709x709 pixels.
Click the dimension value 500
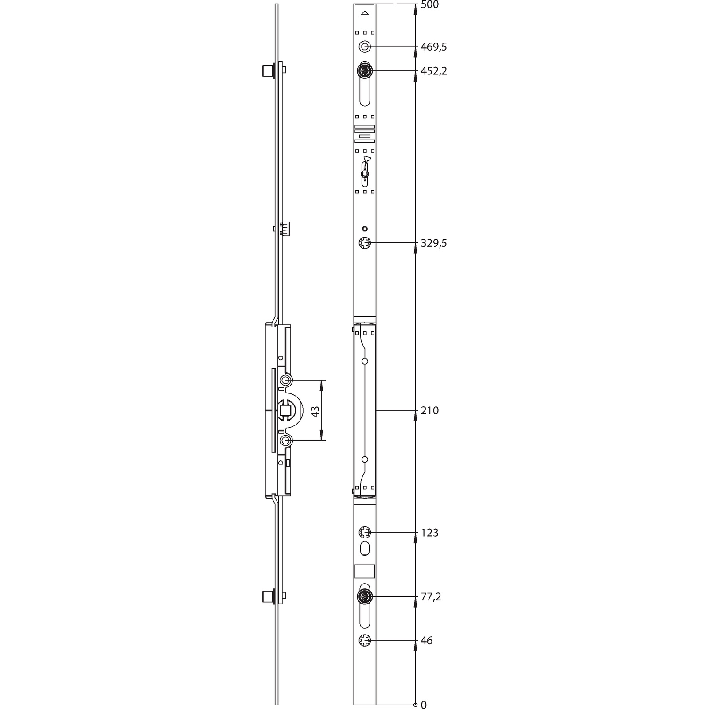(x=429, y=5)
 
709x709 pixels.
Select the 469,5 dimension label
(x=434, y=47)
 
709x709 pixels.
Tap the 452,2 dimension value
(x=434, y=71)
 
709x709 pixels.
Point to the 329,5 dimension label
(x=434, y=243)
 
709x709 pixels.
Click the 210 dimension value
(x=429, y=411)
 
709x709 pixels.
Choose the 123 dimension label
(x=429, y=533)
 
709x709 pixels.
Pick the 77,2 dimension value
(x=431, y=597)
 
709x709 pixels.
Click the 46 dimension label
(x=426, y=640)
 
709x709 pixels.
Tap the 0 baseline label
(x=423, y=705)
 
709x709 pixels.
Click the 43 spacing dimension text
(x=315, y=411)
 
